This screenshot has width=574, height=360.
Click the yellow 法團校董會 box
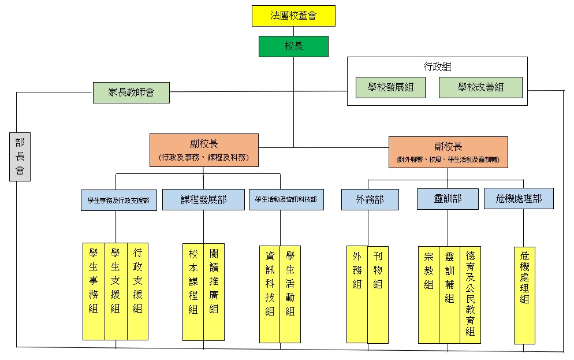coord(293,16)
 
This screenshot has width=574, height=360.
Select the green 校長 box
coord(293,46)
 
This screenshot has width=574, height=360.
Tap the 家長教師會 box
coord(131,92)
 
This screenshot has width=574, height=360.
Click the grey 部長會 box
coord(20,156)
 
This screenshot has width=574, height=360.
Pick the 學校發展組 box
coord(390,88)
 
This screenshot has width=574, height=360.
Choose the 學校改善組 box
coord(480,88)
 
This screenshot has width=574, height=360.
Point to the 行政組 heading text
coord(438,67)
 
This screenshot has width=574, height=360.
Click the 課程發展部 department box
coord(203,199)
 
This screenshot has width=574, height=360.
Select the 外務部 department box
coord(370,199)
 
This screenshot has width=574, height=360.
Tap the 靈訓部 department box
coord(448,199)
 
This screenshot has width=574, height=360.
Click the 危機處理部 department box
coord(519,199)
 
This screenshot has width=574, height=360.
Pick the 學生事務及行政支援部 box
coord(118,200)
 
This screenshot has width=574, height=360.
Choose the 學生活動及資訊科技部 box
coord(286,199)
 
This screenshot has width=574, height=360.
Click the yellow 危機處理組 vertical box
coord(524,295)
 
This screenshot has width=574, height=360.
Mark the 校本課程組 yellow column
coord(193,292)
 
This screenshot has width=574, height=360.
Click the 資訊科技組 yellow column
coord(270,295)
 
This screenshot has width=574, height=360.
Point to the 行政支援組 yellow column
coord(137,291)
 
